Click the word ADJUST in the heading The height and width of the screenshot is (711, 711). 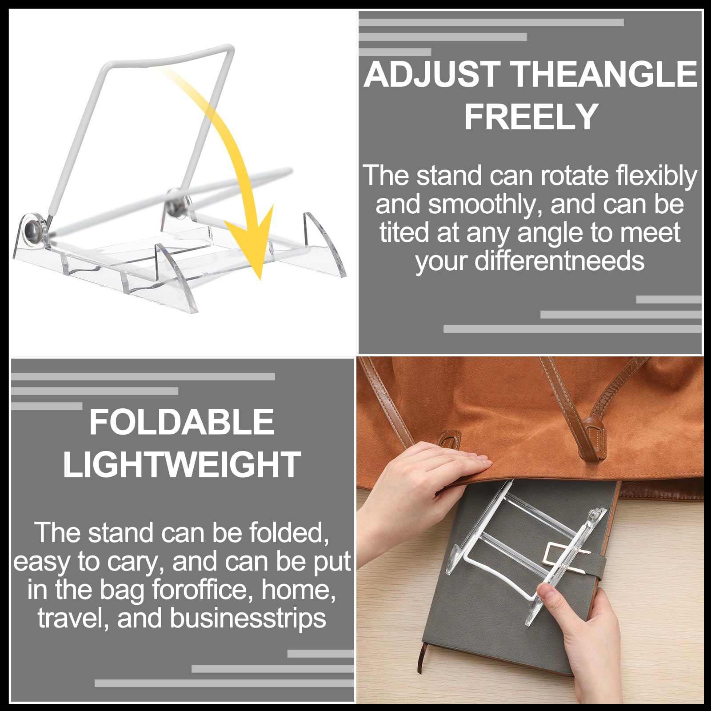432,74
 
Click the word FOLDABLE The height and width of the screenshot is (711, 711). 181,422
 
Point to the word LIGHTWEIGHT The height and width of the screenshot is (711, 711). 182,465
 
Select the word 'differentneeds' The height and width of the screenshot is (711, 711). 559,261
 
